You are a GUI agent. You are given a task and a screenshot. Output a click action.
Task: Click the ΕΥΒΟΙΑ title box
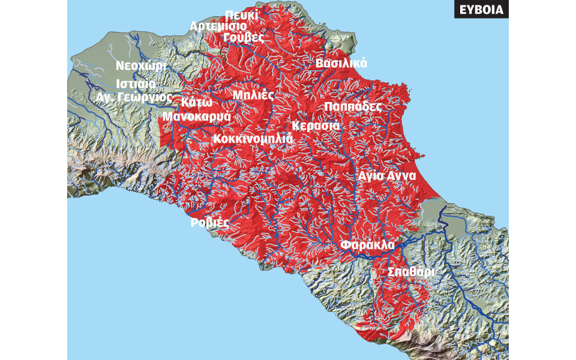tap(481, 10)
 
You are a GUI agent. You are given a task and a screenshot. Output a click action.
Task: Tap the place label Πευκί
tap(242, 15)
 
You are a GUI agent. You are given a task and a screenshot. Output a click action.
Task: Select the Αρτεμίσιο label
tap(217, 26)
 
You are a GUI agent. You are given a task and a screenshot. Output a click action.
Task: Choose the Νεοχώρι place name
tap(141, 66)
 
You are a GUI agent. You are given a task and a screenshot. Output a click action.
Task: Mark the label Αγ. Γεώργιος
tap(134, 97)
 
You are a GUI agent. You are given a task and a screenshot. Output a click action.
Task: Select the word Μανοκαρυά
tap(197, 116)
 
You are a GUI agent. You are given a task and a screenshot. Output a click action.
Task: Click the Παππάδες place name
tap(353, 106)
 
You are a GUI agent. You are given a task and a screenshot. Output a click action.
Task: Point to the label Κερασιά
tap(316, 126)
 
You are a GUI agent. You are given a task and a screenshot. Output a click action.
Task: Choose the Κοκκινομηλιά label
tap(253, 139)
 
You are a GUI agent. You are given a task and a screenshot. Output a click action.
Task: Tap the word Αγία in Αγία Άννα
tap(371, 176)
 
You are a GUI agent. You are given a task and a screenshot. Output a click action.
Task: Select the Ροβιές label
tap(210, 223)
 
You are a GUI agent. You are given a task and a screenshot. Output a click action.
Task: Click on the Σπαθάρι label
tap(410, 272)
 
